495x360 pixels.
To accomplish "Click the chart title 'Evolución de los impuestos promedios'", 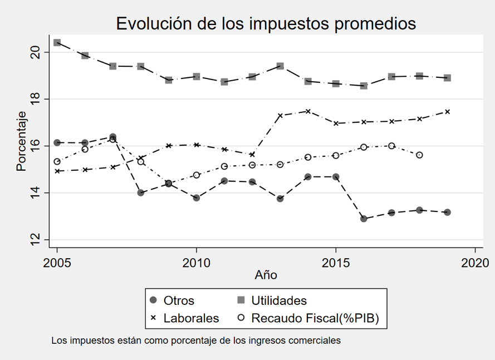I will (266, 24).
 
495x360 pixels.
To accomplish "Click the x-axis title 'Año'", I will (266, 274).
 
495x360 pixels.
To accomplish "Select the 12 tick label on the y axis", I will (35, 240).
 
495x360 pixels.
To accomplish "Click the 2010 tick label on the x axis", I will (196, 262).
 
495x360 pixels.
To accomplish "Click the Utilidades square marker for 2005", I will (57, 42).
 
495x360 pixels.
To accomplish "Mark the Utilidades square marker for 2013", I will (280, 66).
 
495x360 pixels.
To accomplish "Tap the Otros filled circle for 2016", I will (364, 219).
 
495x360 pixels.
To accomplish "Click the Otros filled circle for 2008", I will (141, 193).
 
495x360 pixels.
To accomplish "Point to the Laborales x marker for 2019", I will (447, 111).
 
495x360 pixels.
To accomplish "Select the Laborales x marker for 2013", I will (280, 115).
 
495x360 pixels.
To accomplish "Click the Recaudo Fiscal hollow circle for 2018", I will (419, 155).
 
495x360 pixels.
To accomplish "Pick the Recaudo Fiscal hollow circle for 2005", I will (57, 161).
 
